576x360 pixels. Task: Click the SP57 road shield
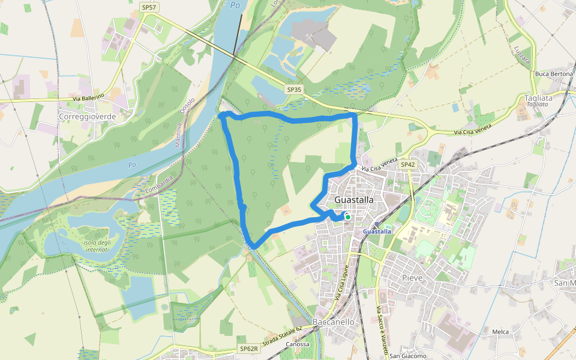coord(148,7)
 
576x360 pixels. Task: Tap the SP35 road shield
coord(294,89)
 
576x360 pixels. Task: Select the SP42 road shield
coord(407,164)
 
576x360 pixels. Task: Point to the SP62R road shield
coord(248,349)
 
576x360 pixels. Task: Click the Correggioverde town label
coord(87,116)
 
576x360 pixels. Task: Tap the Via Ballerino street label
coord(88,97)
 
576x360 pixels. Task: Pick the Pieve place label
coord(412,278)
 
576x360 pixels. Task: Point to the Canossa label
coord(298,344)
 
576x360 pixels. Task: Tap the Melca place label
coord(500,332)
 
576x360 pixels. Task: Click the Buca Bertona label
coord(554,74)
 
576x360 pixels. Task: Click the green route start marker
coord(347,217)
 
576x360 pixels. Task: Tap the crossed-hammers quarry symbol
coord(308,37)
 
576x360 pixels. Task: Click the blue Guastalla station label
coord(377,231)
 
